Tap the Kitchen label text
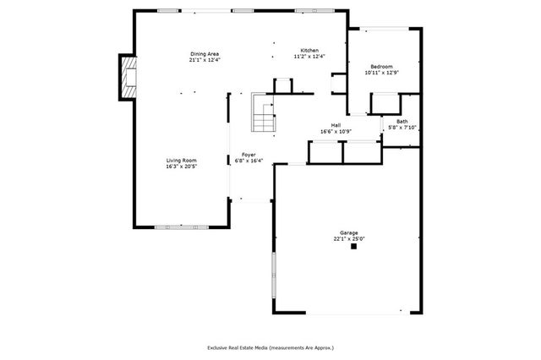pyautogui.click(x=309, y=51)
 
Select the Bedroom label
pyautogui.click(x=380, y=67)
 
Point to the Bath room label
pyautogui.click(x=402, y=122)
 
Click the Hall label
pyautogui.click(x=336, y=126)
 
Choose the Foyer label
pyautogui.click(x=249, y=155)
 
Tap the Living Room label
pyautogui.click(x=181, y=160)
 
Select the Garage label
pyautogui.click(x=348, y=232)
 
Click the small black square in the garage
pyautogui.click(x=355, y=248)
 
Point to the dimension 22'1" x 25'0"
pyautogui.click(x=348, y=239)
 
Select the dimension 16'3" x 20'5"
pyautogui.click(x=181, y=166)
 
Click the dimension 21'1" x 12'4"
pyautogui.click(x=205, y=61)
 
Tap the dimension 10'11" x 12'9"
pyautogui.click(x=380, y=73)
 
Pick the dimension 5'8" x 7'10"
pyautogui.click(x=402, y=128)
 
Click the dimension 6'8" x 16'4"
pyautogui.click(x=249, y=161)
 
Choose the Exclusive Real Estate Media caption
pyautogui.click(x=270, y=347)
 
